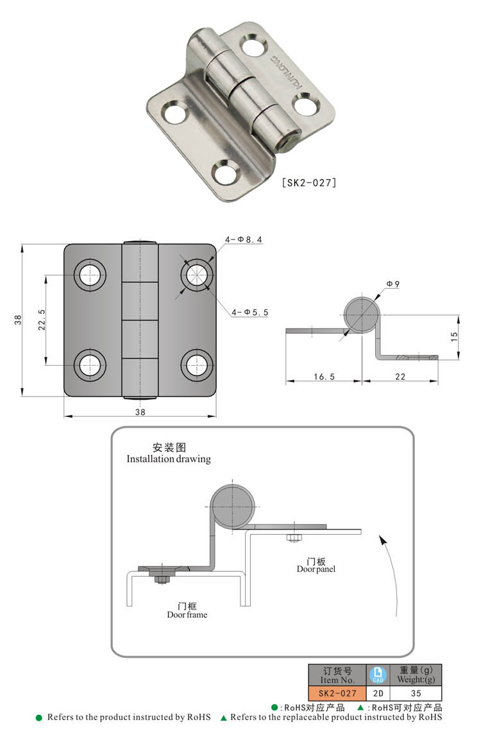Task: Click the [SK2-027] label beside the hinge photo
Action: [309, 183]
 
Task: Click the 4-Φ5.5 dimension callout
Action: [251, 312]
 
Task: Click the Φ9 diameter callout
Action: [393, 284]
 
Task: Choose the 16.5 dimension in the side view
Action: [324, 377]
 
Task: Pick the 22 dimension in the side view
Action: [400, 377]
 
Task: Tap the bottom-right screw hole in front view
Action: [197, 364]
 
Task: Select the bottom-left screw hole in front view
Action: [91, 364]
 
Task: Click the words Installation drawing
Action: [168, 459]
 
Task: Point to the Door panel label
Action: [316, 569]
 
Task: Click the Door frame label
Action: [187, 614]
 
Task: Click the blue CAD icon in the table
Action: [377, 675]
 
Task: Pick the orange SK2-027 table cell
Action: [337, 693]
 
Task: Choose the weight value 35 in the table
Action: [416, 693]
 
